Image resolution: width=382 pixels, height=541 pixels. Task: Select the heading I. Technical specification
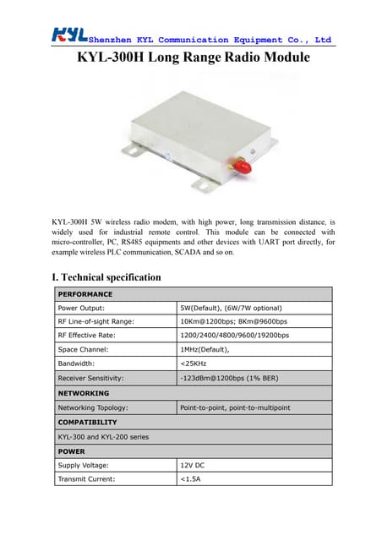pos(106,276)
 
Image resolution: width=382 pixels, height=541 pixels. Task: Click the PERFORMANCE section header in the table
pos(85,294)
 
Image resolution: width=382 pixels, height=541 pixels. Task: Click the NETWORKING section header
pos(84,393)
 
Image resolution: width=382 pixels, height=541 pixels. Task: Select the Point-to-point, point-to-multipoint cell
pos(241,407)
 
